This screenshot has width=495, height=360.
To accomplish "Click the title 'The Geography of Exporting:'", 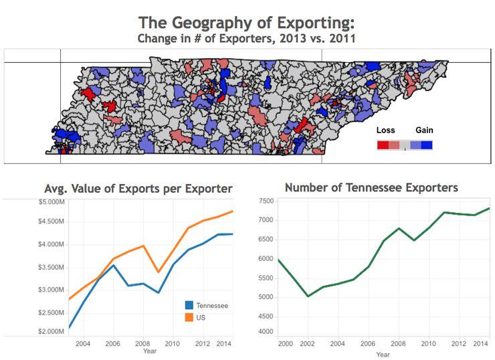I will (248, 21).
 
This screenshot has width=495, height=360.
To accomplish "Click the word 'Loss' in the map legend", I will (386, 130).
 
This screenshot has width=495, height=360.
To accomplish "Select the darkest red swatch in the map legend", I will (383, 145).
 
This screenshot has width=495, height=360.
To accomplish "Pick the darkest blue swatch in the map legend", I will (427, 145).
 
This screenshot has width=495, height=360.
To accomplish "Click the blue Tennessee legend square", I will (189, 305).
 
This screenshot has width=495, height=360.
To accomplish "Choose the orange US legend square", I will (189, 317).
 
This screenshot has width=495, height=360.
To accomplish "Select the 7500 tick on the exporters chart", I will (266, 201).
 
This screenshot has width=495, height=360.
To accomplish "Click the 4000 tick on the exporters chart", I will (266, 332).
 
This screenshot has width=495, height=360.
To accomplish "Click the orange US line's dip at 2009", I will (157, 272).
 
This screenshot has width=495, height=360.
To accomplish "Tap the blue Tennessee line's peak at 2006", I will (113, 265).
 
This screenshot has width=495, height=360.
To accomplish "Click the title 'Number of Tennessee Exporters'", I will (371, 187).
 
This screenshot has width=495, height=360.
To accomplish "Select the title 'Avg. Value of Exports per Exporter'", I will (138, 189).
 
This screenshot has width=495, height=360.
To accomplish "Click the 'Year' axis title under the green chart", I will (383, 355).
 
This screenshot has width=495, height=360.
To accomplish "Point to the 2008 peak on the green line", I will (398, 228).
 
